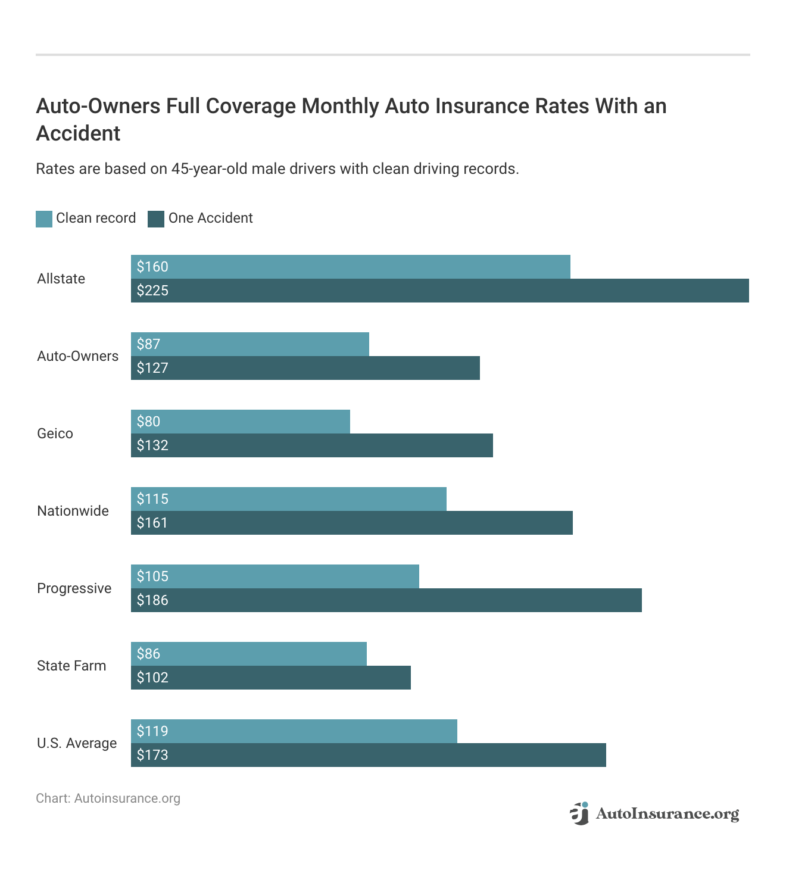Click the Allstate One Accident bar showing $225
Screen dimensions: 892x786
pos(439,291)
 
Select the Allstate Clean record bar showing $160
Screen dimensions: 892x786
pos(350,267)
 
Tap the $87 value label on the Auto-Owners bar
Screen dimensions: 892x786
pos(148,344)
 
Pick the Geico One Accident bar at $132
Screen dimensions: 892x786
pos(311,445)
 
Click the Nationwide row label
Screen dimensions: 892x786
pos(73,511)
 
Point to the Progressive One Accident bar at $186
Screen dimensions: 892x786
pos(386,600)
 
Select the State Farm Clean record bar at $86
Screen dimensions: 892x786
pos(248,654)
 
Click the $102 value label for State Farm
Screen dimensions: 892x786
pos(152,678)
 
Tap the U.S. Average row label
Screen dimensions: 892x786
pos(77,743)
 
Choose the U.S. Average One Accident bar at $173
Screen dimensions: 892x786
pos(368,755)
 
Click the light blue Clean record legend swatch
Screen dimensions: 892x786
pos(44,219)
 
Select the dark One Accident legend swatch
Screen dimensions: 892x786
pos(156,219)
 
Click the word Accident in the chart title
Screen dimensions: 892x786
pos(78,133)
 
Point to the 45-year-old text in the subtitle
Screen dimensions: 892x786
pos(209,169)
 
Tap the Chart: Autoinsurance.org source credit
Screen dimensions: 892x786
pos(108,799)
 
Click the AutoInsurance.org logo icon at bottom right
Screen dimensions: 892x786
pos(579,813)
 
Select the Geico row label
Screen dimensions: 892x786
pos(55,433)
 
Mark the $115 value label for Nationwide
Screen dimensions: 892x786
pos(152,499)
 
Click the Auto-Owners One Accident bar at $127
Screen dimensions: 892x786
pos(305,368)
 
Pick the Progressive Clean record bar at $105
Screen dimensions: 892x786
pos(275,576)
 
